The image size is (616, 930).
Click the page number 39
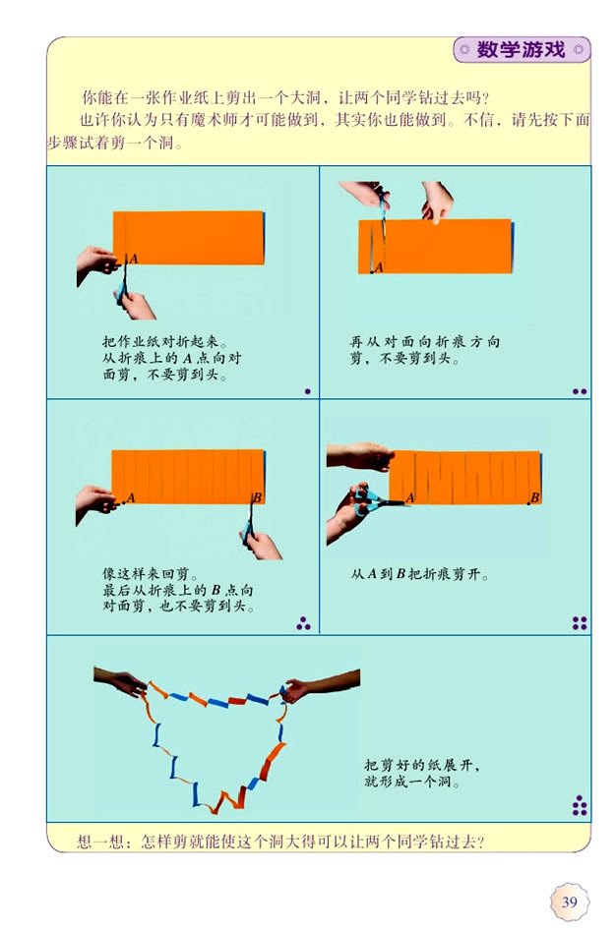point(569,901)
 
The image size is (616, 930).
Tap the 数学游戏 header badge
point(521,50)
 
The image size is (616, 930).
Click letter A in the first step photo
point(133,258)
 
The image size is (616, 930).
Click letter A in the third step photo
point(130,497)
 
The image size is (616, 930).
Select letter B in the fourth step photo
point(536,497)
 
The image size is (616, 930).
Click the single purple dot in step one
point(308,391)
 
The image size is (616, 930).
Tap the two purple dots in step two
point(580,391)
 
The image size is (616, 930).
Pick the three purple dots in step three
point(304,622)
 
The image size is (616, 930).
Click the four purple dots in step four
point(580,622)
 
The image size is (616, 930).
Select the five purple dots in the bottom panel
point(580,806)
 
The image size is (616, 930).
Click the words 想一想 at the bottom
point(99,842)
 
